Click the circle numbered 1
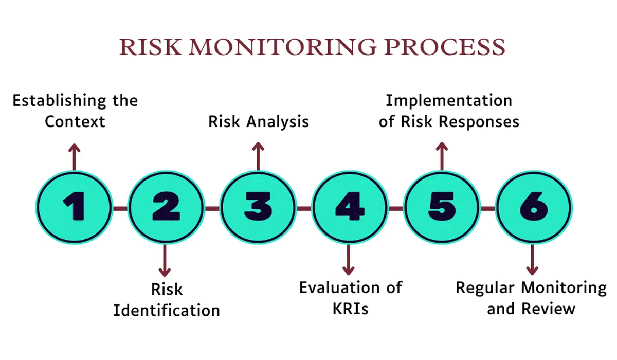pyautogui.click(x=74, y=208)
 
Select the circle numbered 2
pyautogui.click(x=166, y=208)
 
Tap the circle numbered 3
pyautogui.click(x=258, y=208)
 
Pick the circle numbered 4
pyautogui.click(x=350, y=208)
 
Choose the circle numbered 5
pyautogui.click(x=441, y=208)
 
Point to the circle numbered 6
pyautogui.click(x=533, y=208)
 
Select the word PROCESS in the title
pyautogui.click(x=445, y=47)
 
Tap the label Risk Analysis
pyautogui.click(x=258, y=121)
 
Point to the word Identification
pyautogui.click(x=167, y=311)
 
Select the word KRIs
pyautogui.click(x=350, y=309)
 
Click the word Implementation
pyautogui.click(x=449, y=100)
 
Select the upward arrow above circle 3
pyautogui.click(x=258, y=156)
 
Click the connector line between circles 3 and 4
pyautogui.click(x=304, y=208)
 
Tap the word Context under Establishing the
pyautogui.click(x=75, y=121)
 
